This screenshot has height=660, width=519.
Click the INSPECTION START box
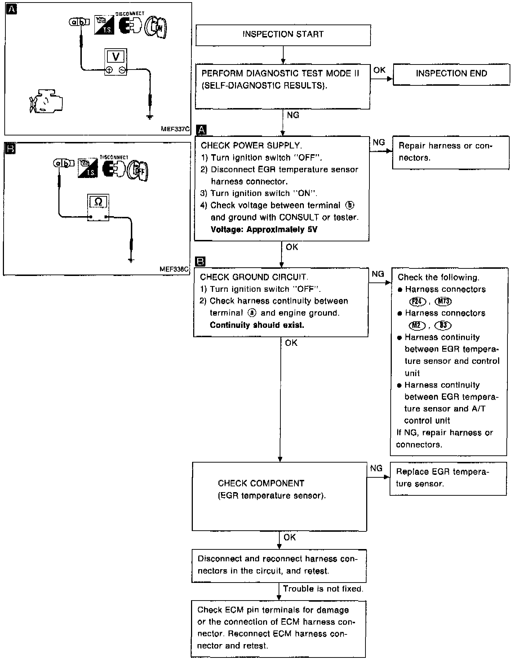(x=283, y=35)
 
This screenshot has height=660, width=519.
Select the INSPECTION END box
(x=451, y=74)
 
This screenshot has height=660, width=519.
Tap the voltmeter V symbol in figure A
(x=116, y=57)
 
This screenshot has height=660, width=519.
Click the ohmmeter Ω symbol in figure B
(x=98, y=202)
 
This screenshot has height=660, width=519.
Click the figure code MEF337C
(x=175, y=129)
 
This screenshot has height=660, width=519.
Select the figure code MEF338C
(x=174, y=269)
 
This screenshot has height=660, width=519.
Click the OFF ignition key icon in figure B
(x=138, y=170)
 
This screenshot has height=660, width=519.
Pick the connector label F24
(x=418, y=302)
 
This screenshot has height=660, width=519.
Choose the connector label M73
(x=443, y=302)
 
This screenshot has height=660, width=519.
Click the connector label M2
(x=417, y=325)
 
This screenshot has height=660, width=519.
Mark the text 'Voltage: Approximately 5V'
(x=264, y=229)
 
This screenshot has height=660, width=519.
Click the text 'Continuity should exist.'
(x=257, y=325)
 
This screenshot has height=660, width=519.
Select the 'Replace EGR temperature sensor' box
(x=448, y=478)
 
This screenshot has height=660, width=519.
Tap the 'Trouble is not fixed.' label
(x=323, y=589)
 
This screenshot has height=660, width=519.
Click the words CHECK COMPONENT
(x=261, y=483)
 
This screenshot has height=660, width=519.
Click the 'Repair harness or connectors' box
(x=451, y=152)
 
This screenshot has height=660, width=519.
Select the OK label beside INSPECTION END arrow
(x=379, y=70)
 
